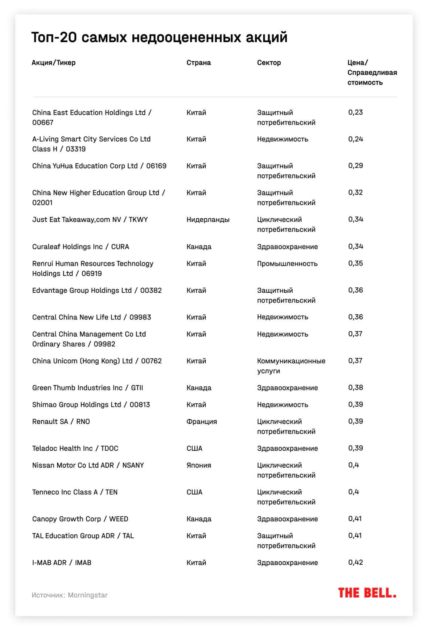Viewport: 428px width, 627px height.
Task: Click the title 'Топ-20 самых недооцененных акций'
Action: (159, 37)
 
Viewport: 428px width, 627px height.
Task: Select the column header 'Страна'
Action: (198, 63)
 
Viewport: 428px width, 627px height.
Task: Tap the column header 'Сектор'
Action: (269, 63)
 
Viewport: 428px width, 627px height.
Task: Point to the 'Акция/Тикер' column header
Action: (53, 63)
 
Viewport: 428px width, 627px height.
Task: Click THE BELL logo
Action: (367, 593)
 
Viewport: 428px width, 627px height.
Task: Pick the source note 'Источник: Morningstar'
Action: (70, 595)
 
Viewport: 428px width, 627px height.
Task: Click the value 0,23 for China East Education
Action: (355, 112)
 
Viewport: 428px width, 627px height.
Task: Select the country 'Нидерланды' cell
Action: (208, 220)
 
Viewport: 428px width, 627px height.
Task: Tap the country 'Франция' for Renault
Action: (202, 422)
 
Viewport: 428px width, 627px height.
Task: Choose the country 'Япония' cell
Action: (199, 465)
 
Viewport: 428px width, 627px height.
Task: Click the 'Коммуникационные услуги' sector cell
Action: (291, 366)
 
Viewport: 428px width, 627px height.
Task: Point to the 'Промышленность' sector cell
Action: (287, 264)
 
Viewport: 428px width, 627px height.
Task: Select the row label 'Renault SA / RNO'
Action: (61, 422)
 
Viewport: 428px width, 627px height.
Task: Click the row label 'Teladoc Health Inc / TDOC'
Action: (75, 449)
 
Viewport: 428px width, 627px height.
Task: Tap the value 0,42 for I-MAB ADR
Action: (355, 562)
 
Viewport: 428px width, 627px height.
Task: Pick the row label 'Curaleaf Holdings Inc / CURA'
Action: (81, 247)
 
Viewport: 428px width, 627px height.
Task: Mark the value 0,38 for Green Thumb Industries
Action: (355, 388)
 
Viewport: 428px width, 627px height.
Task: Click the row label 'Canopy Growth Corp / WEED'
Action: (80, 519)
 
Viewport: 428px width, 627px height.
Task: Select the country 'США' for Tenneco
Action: (194, 492)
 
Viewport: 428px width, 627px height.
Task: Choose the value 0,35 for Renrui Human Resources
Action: (355, 264)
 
